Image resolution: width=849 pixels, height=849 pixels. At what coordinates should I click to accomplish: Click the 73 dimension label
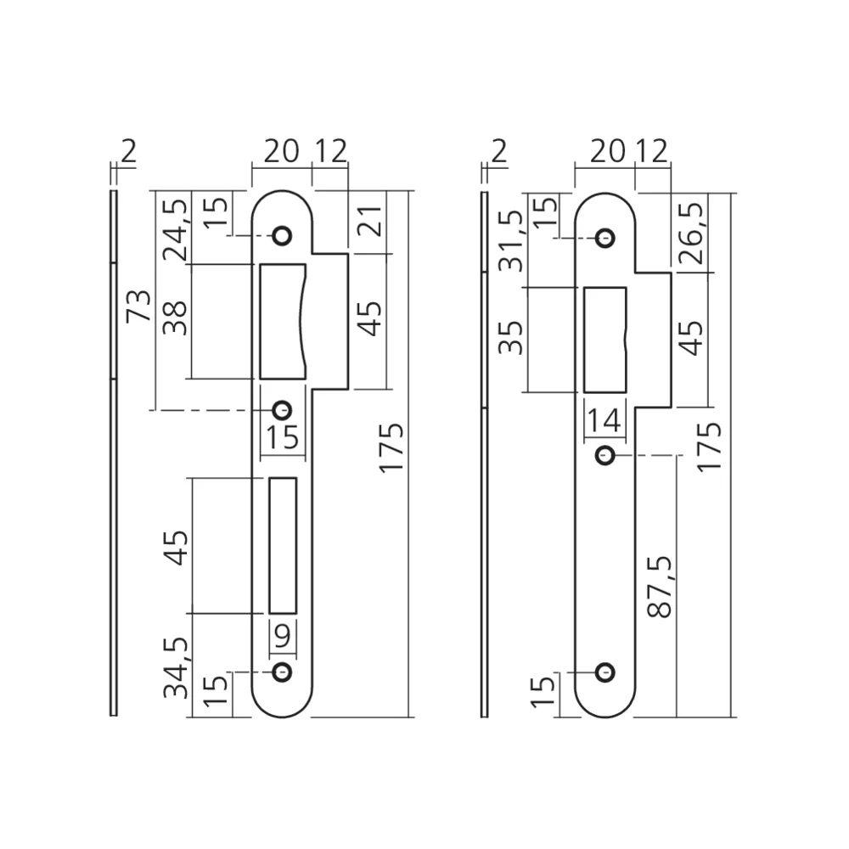coord(138,306)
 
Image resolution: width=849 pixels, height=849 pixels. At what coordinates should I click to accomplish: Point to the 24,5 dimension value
coord(176,230)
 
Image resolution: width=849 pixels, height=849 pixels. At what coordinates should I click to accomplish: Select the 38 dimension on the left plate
coord(176,318)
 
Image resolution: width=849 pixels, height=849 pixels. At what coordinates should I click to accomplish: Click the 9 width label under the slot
coord(283,635)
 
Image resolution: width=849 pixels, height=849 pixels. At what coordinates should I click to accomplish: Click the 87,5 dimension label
coord(660,587)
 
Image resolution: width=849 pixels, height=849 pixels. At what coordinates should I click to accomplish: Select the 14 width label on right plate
coord(604,421)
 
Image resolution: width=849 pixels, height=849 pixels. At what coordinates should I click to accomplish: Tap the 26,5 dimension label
coord(693,233)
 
